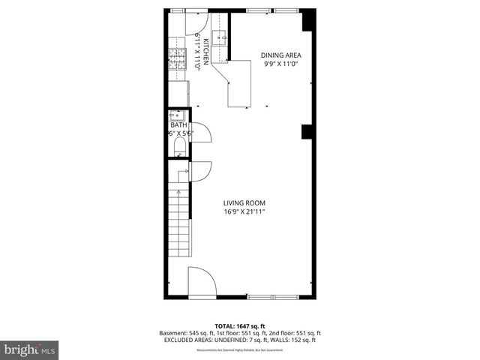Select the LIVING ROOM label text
point(244,202)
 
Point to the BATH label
point(178,125)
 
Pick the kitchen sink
point(220,38)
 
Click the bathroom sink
point(178,115)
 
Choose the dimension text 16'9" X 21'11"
point(244,212)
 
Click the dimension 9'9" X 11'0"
point(280,64)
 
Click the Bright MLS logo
point(30,349)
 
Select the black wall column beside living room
point(306,133)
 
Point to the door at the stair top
point(201,171)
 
